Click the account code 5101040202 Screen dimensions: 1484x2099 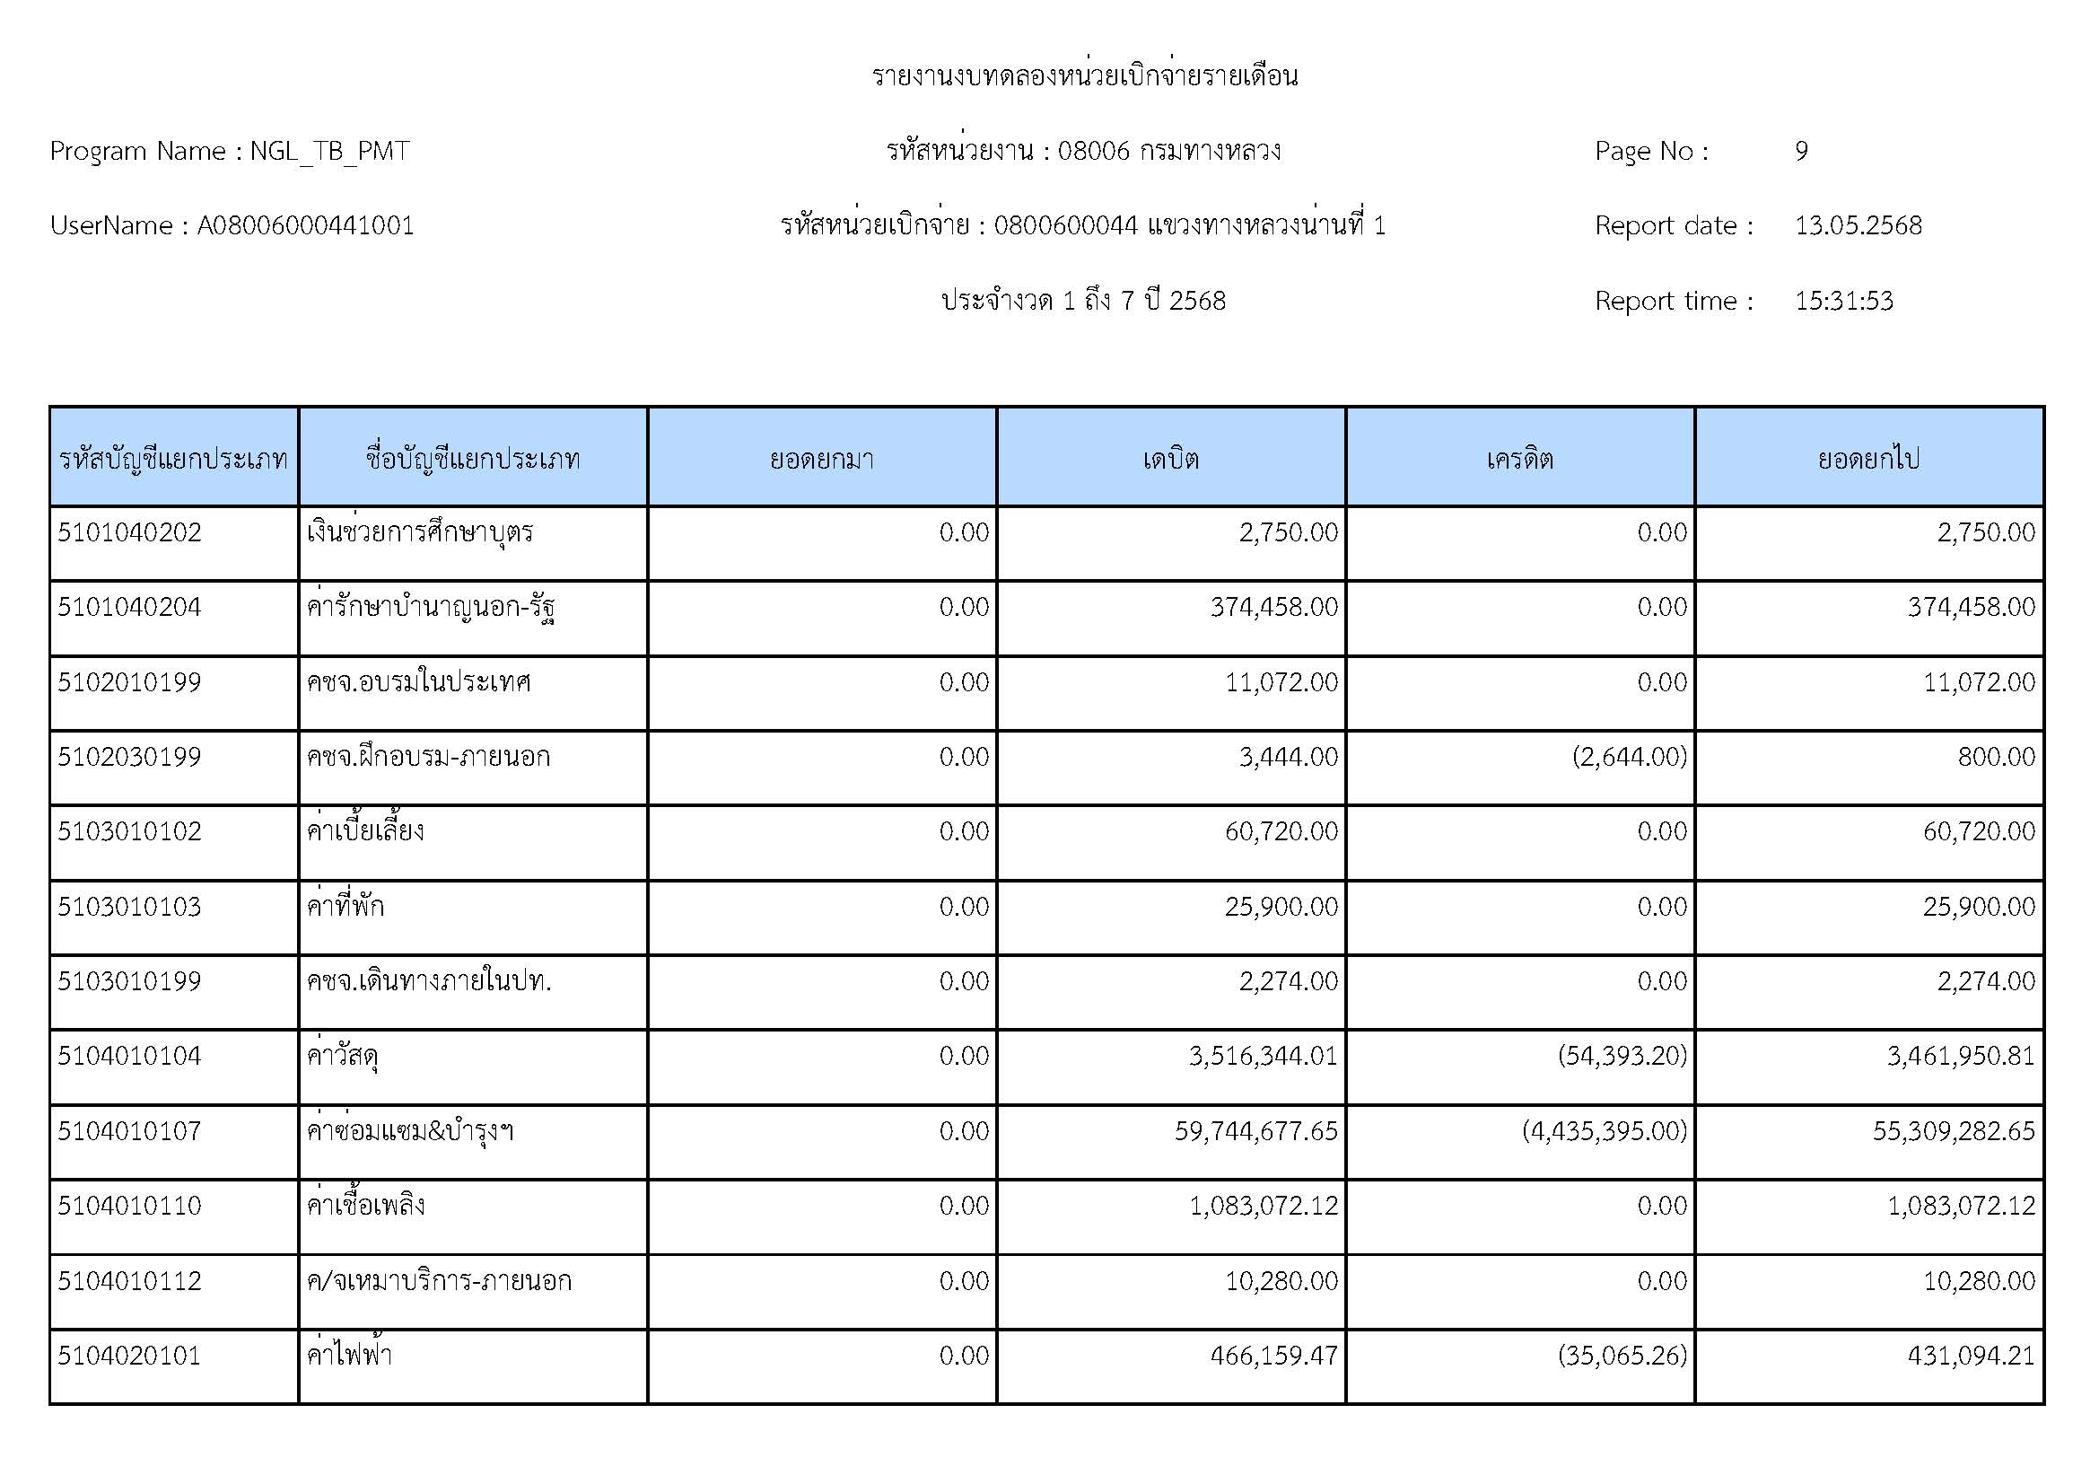(x=130, y=532)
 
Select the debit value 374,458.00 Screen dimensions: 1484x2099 (x=1273, y=607)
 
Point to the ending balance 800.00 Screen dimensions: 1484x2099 (x=1997, y=757)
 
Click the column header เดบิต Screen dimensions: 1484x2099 (x=1170, y=458)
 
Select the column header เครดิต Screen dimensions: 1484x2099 (x=1519, y=458)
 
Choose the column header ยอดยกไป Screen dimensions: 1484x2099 (x=1868, y=458)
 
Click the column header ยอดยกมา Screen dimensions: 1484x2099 (x=822, y=458)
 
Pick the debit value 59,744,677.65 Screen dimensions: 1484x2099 (x=1256, y=1131)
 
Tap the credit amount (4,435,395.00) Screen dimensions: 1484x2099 (x=1605, y=1131)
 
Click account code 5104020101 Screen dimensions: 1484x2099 (x=130, y=1355)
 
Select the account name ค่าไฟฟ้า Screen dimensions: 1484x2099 (x=350, y=1355)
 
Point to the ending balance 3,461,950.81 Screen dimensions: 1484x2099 (x=1961, y=1056)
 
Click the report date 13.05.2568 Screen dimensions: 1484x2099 (x=1858, y=226)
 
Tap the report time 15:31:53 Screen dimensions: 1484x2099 (x=1843, y=301)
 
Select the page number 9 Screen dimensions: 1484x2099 (x=1801, y=151)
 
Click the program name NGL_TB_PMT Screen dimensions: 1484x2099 (x=330, y=151)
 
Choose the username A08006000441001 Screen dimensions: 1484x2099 (x=305, y=226)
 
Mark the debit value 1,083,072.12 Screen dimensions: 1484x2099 (x=1264, y=1206)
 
